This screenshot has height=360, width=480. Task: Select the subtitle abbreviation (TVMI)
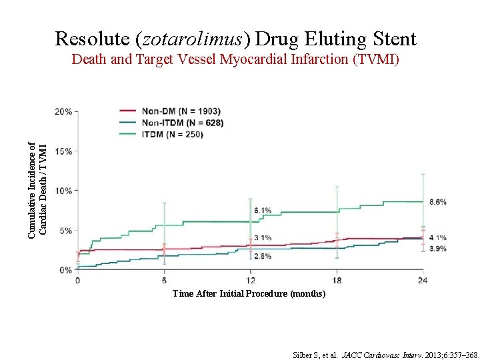click(x=377, y=60)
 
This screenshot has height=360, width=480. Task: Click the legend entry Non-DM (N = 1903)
click(x=181, y=111)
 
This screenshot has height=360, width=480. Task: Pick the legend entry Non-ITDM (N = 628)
click(x=182, y=123)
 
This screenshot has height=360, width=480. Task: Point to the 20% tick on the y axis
click(x=64, y=111)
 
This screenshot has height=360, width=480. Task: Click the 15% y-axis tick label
click(x=64, y=151)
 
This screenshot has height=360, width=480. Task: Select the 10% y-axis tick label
click(x=64, y=191)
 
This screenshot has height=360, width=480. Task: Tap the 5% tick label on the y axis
click(x=66, y=231)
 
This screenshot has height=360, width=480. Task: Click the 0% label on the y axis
click(x=66, y=270)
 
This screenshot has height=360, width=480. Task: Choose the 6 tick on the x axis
click(x=164, y=280)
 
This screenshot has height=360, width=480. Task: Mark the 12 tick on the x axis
click(x=250, y=280)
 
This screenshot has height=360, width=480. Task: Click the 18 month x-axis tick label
click(x=337, y=280)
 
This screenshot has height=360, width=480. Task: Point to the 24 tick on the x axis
click(x=423, y=280)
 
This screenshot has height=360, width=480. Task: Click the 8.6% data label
click(x=437, y=201)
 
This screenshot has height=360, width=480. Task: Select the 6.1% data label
click(x=262, y=211)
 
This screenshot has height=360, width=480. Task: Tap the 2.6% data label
click(x=262, y=256)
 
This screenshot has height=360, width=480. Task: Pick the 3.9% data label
click(x=437, y=249)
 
